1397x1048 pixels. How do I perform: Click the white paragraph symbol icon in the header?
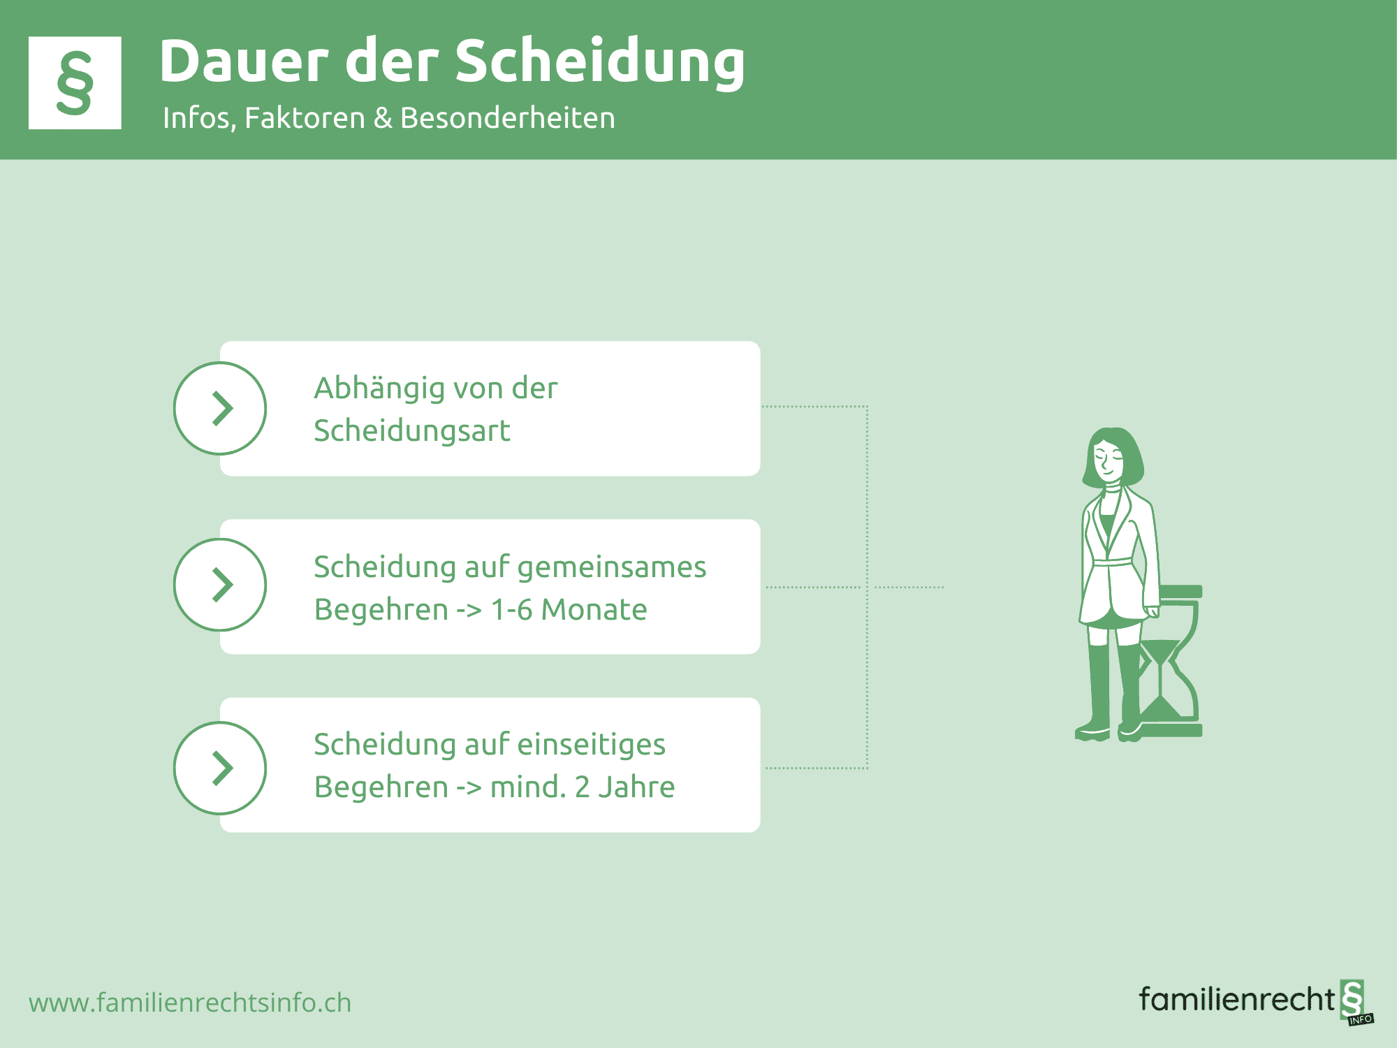(x=75, y=82)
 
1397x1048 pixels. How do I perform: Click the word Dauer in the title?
(x=244, y=61)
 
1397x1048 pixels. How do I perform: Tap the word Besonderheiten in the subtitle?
(x=508, y=117)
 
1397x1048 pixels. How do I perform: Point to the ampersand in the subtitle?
(x=383, y=118)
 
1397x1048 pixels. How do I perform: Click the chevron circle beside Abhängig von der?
(x=220, y=408)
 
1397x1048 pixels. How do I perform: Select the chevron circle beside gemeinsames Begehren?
(x=220, y=585)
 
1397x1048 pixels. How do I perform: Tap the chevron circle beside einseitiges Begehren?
(x=220, y=768)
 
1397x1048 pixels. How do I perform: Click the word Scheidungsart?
(x=412, y=430)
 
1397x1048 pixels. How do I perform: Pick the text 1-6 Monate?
(x=569, y=609)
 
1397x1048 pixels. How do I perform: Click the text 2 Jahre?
(x=625, y=787)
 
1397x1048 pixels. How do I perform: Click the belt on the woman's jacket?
(x=1112, y=561)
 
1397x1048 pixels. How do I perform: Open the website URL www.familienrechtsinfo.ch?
(x=190, y=1003)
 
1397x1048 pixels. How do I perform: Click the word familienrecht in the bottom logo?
(x=1237, y=999)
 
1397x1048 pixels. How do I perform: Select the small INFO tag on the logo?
(x=1361, y=1019)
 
